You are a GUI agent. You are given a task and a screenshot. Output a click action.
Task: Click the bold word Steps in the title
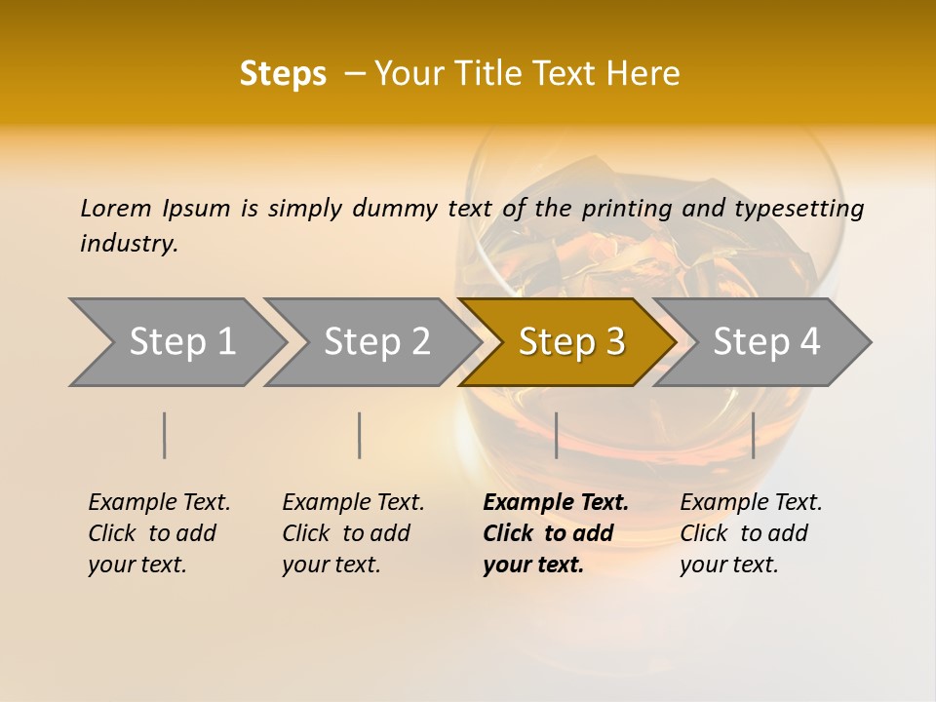(283, 74)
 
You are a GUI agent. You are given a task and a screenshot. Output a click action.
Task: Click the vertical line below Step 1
(165, 435)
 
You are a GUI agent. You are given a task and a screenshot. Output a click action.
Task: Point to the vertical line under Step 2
(360, 435)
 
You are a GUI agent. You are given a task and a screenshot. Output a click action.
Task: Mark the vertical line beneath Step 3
(557, 435)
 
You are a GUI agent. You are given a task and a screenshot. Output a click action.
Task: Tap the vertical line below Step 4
(754, 435)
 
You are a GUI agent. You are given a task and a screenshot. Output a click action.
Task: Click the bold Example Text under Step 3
(556, 503)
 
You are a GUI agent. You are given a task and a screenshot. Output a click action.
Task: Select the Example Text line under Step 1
(159, 503)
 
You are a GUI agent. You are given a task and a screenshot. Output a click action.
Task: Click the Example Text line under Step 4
(751, 503)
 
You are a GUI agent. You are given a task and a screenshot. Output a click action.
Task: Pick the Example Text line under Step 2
(353, 503)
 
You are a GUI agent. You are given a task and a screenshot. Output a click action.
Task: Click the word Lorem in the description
(116, 209)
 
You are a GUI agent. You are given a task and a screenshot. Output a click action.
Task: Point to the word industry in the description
(129, 244)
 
